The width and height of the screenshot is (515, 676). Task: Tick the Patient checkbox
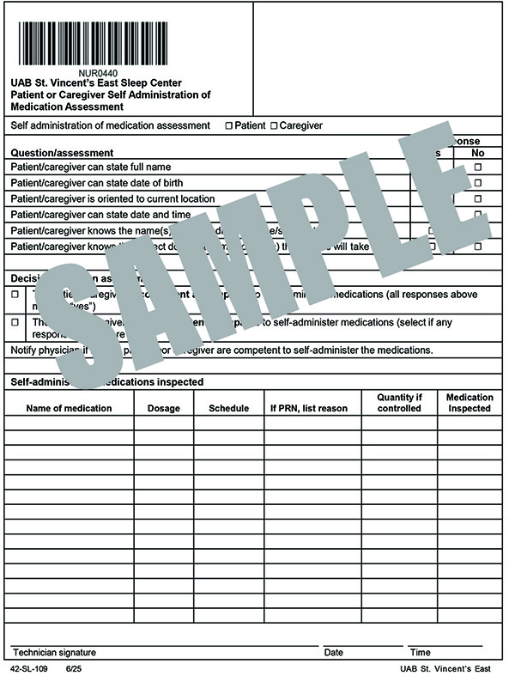(229, 126)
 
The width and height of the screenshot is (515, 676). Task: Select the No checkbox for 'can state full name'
(478, 167)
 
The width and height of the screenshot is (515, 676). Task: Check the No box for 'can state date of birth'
(478, 183)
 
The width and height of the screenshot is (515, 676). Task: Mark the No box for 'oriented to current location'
(478, 198)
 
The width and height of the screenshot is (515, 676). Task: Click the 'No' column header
(478, 153)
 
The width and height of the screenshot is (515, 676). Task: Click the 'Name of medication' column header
(69, 408)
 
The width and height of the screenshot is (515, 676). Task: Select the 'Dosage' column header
(164, 408)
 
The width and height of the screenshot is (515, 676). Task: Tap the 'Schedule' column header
(228, 408)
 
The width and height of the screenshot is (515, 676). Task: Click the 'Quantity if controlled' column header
(399, 403)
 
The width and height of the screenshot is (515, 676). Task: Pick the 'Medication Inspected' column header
(470, 403)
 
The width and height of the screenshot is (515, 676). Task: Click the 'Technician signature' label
(54, 653)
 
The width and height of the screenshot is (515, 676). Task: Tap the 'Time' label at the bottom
(420, 653)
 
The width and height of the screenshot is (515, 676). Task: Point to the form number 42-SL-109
(30, 667)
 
